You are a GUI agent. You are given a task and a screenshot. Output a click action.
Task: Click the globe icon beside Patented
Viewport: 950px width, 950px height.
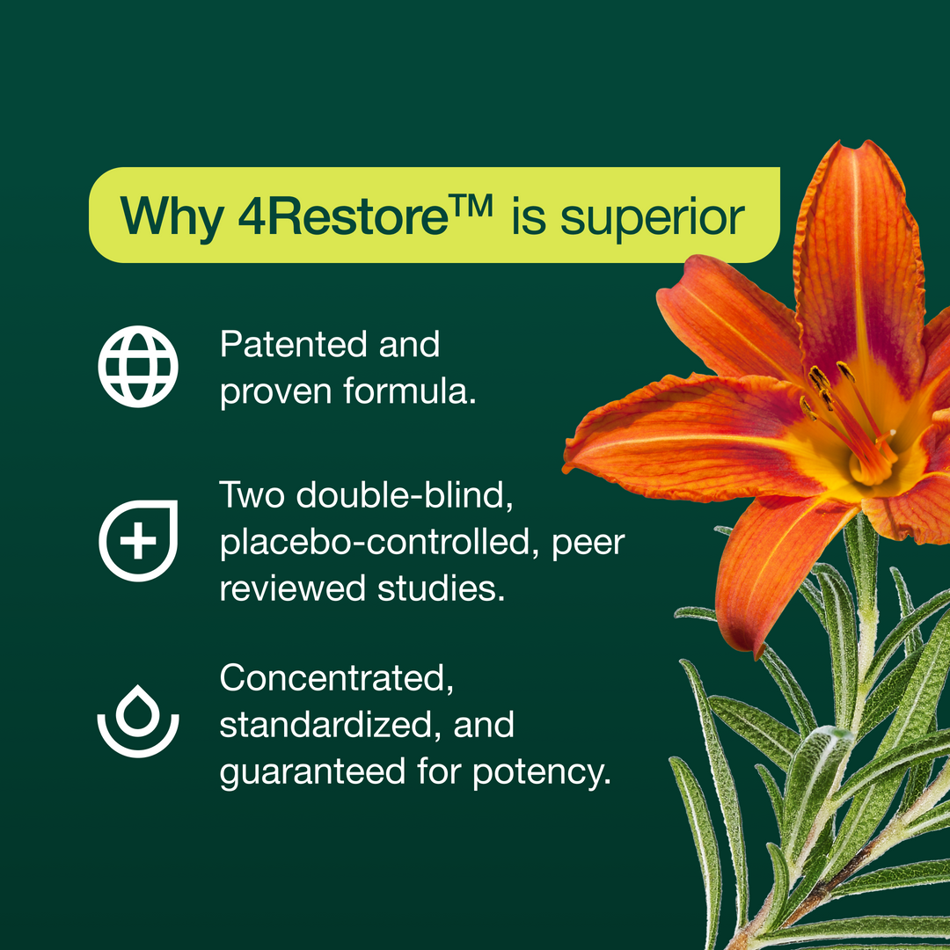pyautogui.click(x=138, y=367)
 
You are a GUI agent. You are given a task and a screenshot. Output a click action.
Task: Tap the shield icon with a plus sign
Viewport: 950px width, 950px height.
pyautogui.click(x=139, y=540)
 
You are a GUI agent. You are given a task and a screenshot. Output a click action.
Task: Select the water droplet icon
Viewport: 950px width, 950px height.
pyautogui.click(x=138, y=721)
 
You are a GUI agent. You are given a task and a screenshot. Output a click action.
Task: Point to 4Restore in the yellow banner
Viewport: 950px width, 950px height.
pyautogui.click(x=342, y=216)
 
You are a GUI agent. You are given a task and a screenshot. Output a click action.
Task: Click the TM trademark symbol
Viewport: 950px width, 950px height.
pyautogui.click(x=471, y=205)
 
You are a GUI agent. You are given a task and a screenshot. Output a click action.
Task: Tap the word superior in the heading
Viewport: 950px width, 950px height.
pyautogui.click(x=652, y=220)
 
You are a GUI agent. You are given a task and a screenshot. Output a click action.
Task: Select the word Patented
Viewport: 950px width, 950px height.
pyautogui.click(x=294, y=344)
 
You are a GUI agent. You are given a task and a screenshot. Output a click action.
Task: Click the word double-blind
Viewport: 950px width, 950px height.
pyautogui.click(x=405, y=494)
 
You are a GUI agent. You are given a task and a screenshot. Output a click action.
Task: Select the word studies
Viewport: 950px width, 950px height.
pyautogui.click(x=441, y=588)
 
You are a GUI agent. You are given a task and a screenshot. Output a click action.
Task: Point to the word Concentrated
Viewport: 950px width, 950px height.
pyautogui.click(x=336, y=678)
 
